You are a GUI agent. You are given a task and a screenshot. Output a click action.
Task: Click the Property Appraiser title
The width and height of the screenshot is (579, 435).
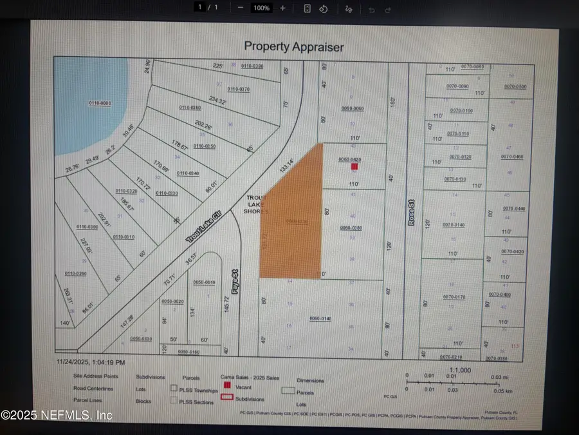click(x=293, y=46)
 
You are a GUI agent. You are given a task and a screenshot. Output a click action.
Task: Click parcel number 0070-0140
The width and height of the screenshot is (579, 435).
click(x=454, y=225)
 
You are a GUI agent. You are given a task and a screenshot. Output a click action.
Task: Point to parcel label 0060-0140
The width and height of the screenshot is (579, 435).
click(x=320, y=318)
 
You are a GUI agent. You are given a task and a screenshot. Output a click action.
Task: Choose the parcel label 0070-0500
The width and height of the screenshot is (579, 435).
click(x=515, y=86)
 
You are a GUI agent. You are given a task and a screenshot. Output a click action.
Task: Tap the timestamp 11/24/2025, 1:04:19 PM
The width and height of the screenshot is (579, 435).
click(x=90, y=363)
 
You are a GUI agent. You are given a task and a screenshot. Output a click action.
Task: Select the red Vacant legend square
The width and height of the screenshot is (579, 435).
click(x=226, y=385)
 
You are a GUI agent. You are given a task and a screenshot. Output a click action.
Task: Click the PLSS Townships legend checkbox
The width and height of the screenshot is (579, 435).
click(x=174, y=389)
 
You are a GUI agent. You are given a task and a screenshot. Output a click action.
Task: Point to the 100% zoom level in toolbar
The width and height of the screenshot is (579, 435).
click(x=261, y=8)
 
